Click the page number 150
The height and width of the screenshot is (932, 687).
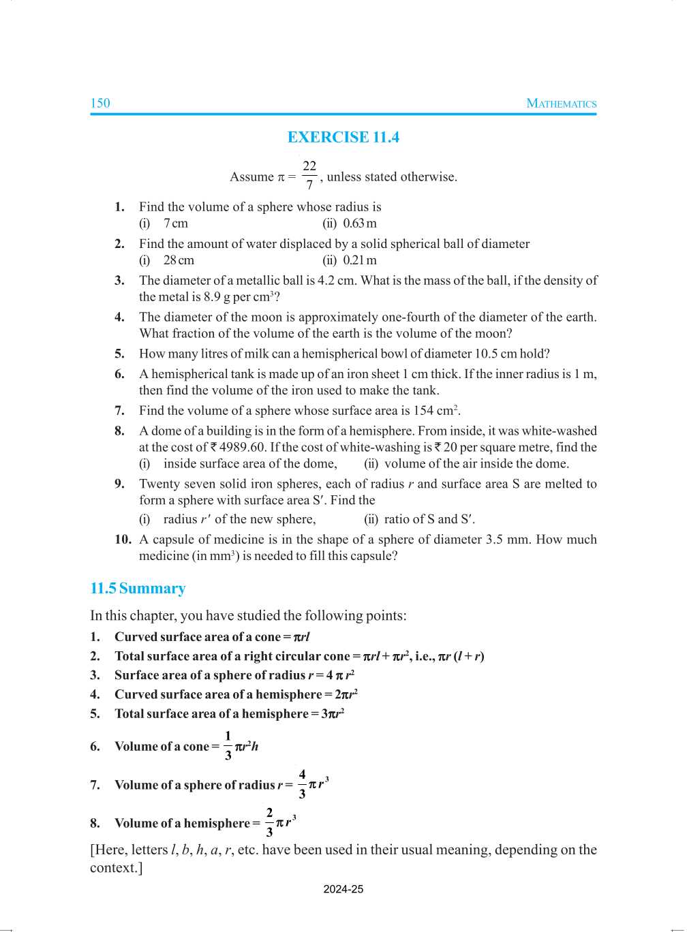click(100, 104)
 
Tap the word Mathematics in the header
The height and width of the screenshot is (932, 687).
click(561, 104)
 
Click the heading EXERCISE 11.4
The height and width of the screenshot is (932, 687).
click(343, 138)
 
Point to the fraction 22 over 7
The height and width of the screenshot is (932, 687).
click(309, 176)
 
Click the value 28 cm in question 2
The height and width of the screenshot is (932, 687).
click(179, 260)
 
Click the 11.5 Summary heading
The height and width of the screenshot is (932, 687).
click(138, 589)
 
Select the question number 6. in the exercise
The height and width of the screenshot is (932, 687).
click(120, 374)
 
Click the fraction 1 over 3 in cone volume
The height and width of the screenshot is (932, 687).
click(228, 746)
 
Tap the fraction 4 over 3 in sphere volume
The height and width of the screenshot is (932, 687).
click(302, 784)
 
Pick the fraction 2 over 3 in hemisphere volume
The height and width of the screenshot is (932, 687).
click(269, 822)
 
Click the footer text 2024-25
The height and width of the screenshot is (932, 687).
click(343, 889)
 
